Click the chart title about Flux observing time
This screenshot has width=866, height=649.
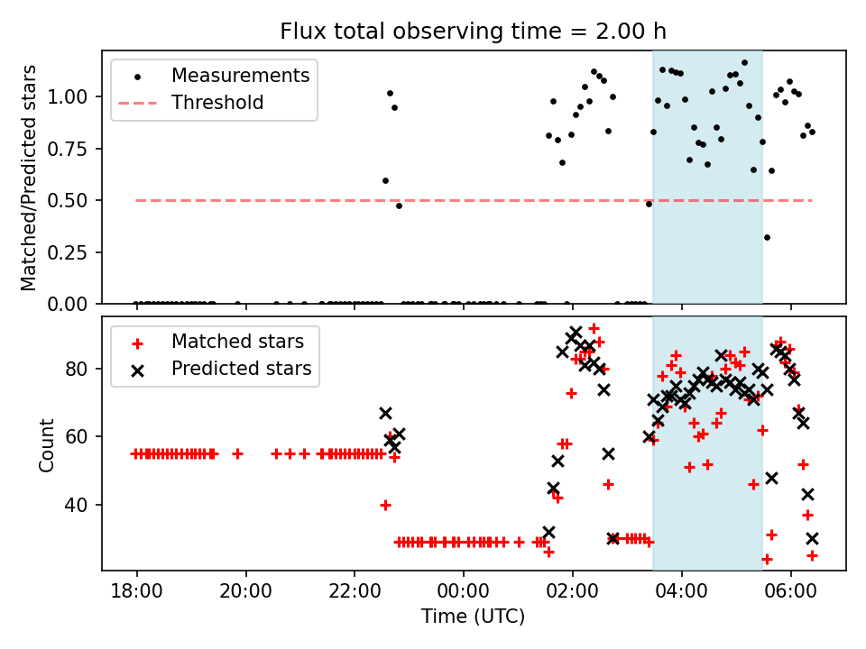[473, 32]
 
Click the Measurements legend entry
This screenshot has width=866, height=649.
[240, 75]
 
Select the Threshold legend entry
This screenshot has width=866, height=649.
[217, 103]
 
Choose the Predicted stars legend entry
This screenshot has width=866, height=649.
[241, 369]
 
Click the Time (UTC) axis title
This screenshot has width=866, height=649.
[473, 617]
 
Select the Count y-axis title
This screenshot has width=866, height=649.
[47, 444]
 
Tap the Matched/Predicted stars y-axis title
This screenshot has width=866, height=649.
[30, 178]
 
